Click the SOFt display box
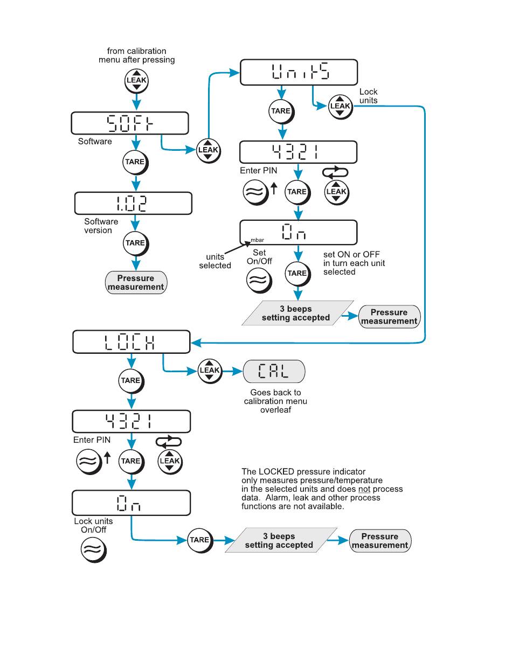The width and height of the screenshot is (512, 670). [130, 123]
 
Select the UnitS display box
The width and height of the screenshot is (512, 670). [299, 72]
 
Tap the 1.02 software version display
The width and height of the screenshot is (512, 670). [133, 203]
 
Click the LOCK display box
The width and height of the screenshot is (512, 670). [132, 341]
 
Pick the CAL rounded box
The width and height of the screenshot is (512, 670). [274, 371]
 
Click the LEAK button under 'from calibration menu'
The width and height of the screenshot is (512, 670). [136, 81]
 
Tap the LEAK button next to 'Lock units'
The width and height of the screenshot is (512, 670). [340, 107]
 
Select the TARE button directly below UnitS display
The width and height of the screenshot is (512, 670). [281, 111]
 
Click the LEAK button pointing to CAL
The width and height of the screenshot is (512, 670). [210, 371]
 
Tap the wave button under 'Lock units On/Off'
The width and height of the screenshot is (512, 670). [93, 550]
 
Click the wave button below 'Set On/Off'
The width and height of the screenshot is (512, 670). [259, 281]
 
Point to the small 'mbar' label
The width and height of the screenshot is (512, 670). [257, 240]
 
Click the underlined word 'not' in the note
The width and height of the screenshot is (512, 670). [364, 489]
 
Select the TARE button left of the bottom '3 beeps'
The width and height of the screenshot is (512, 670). [199, 540]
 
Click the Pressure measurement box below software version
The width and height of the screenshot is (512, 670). [136, 282]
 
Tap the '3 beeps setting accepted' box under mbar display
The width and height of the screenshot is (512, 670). [297, 313]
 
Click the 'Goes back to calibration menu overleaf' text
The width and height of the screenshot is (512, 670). [275, 401]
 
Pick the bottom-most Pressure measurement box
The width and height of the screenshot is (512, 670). [380, 541]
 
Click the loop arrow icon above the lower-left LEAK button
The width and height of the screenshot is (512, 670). [169, 442]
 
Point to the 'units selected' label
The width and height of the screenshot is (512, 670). [215, 261]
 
